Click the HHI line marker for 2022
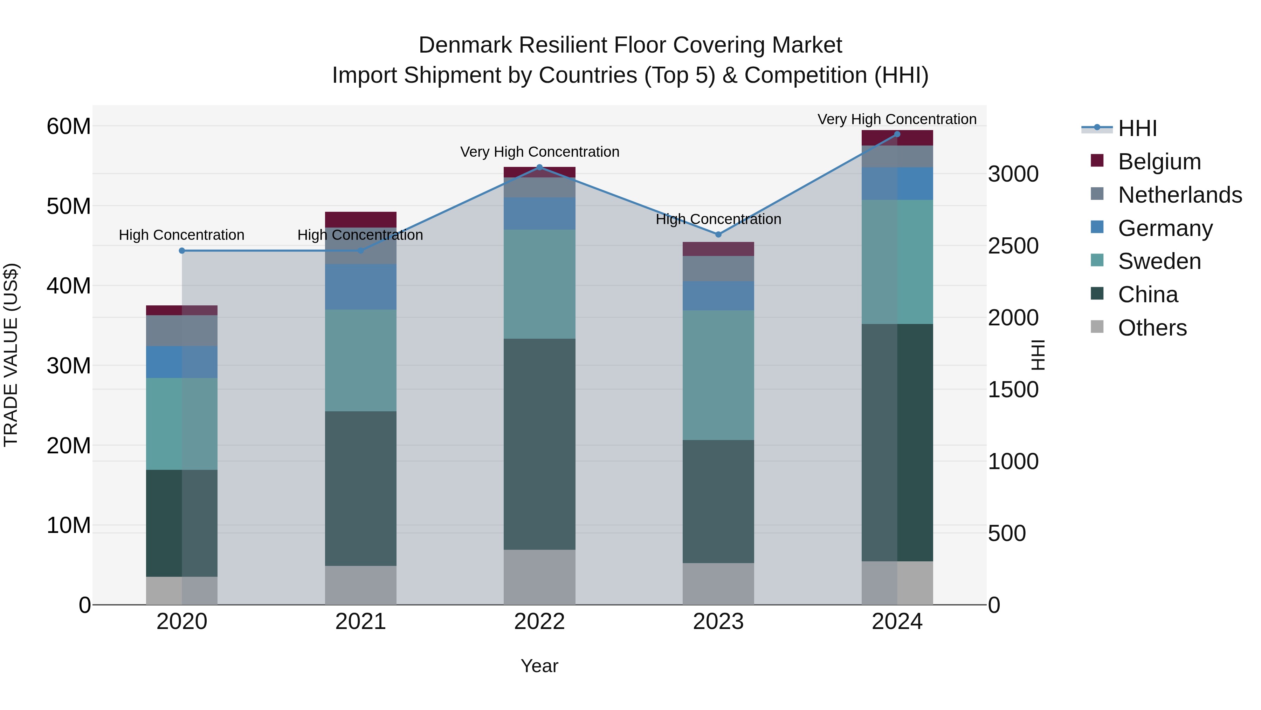click(x=539, y=167)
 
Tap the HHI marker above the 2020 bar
click(x=181, y=250)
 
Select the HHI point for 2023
click(x=718, y=234)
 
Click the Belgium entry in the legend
click(x=1159, y=161)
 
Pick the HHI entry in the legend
click(x=1137, y=128)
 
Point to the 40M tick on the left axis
click(x=69, y=286)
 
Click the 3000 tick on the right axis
click(x=1013, y=174)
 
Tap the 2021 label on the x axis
click(x=360, y=621)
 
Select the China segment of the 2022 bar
click(x=539, y=444)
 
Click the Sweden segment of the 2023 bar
click(x=718, y=375)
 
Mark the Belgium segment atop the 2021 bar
click(x=360, y=219)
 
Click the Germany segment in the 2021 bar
click(x=360, y=287)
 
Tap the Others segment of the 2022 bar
click(x=539, y=577)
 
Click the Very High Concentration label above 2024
click(x=897, y=119)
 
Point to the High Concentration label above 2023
click(x=718, y=219)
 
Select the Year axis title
click(x=539, y=666)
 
